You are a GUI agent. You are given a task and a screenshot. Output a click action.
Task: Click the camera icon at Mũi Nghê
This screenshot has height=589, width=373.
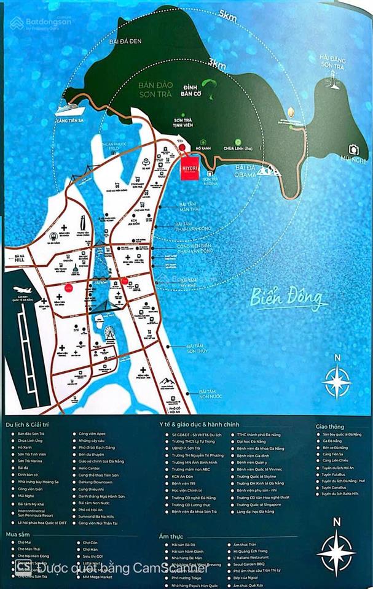click(353, 149)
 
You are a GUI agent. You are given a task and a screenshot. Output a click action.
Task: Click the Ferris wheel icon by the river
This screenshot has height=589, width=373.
click(111, 333)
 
